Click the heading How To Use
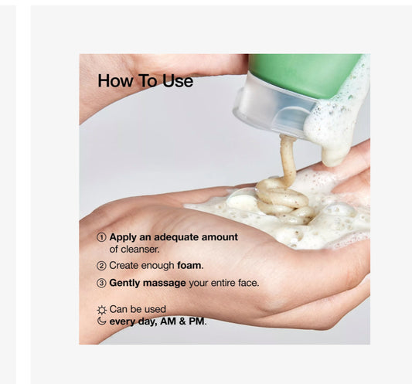(x=145, y=80)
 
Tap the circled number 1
(x=101, y=237)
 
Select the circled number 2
(x=101, y=266)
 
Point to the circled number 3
(x=101, y=283)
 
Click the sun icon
(x=102, y=310)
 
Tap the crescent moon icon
(x=101, y=321)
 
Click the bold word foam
(x=189, y=265)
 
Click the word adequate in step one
(x=176, y=237)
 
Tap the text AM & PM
(x=182, y=321)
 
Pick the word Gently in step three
(x=124, y=283)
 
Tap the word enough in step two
(x=158, y=266)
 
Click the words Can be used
(x=138, y=309)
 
